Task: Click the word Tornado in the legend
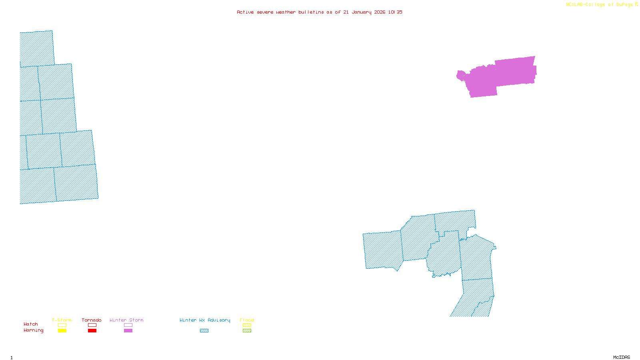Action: click(92, 320)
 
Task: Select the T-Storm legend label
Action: click(62, 320)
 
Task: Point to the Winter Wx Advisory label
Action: click(205, 320)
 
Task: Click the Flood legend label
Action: click(247, 320)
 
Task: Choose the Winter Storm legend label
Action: click(126, 320)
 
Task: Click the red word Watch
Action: click(31, 324)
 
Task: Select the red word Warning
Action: click(34, 330)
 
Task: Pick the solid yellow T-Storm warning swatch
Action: click(62, 331)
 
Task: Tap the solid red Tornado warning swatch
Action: click(92, 331)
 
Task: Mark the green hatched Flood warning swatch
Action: click(247, 331)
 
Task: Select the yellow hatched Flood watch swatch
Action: click(247, 325)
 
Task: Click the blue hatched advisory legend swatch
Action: click(204, 331)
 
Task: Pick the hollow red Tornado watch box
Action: click(92, 325)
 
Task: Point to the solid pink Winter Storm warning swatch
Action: click(128, 331)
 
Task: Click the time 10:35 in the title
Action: click(395, 12)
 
